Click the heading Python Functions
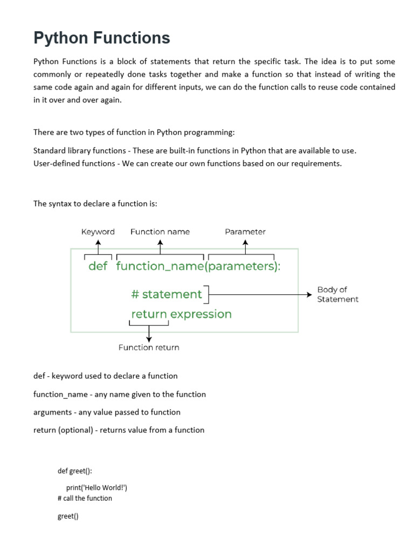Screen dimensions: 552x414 coord(102,38)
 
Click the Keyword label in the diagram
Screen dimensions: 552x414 coord(98,232)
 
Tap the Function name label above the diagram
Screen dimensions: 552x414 coord(160,232)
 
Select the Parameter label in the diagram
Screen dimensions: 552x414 coord(245,232)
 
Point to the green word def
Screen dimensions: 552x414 coord(98,266)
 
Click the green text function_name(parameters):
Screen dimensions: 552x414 coord(198,266)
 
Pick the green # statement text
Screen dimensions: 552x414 coord(167,294)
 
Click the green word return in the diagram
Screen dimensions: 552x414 coord(149,314)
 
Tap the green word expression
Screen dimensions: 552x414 coord(201,314)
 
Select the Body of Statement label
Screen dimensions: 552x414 coord(337,294)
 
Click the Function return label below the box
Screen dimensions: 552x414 coord(149,348)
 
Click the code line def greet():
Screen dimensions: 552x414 coord(75,471)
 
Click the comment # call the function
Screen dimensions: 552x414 coord(85,498)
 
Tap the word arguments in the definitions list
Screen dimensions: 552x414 coord(53,412)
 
